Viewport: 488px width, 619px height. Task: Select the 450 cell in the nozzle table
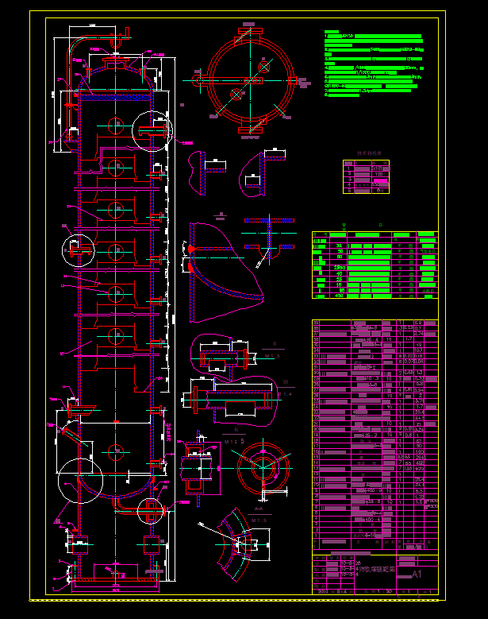340,295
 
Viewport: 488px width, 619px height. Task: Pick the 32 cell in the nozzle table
340,245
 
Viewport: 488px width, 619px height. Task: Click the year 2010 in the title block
323,591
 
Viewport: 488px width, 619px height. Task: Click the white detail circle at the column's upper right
151,130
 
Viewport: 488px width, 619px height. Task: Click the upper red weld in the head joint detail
191,249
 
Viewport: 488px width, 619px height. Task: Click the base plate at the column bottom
115,587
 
